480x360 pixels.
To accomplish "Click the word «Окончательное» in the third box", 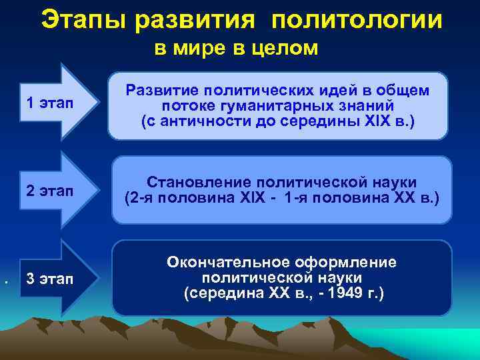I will point(220,262).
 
